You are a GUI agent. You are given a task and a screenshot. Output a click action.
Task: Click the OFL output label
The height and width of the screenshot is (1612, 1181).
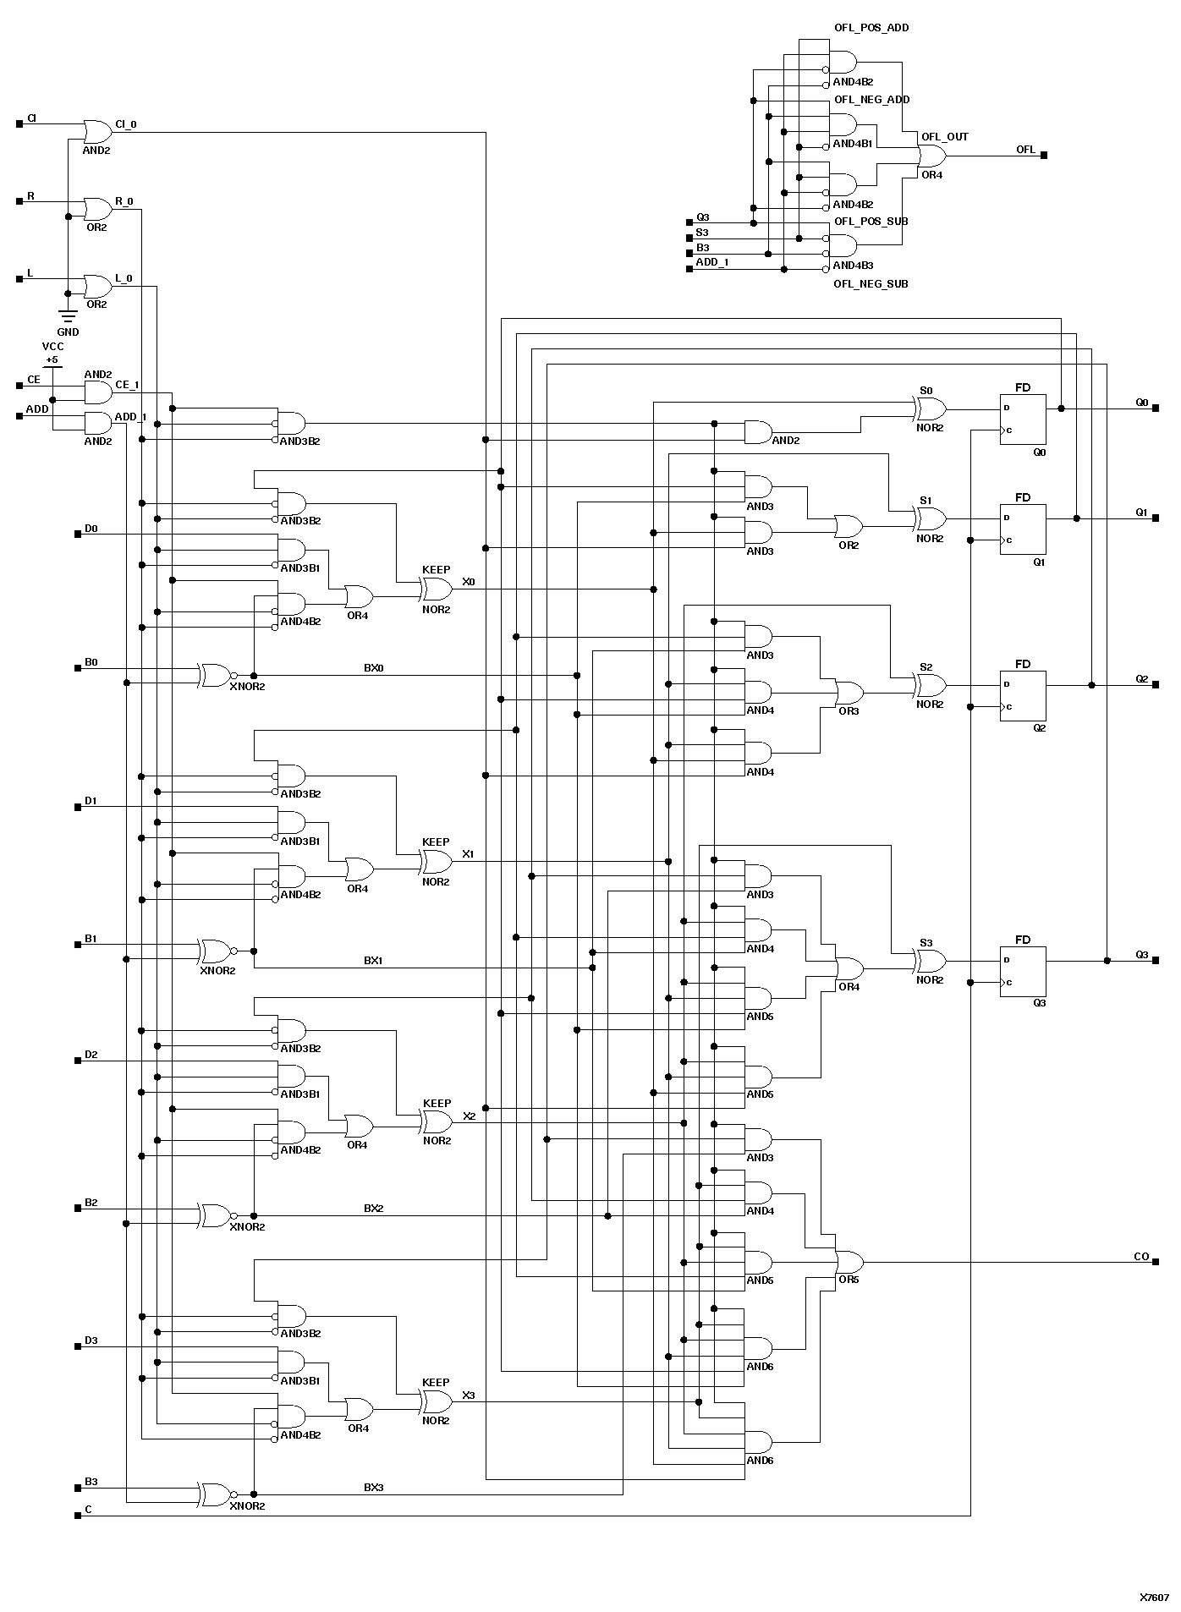pyautogui.click(x=1025, y=150)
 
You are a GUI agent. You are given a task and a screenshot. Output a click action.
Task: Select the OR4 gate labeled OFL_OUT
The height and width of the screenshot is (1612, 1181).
pyautogui.click(x=931, y=156)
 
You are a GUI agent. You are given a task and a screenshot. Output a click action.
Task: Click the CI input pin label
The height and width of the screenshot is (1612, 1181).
pyautogui.click(x=31, y=118)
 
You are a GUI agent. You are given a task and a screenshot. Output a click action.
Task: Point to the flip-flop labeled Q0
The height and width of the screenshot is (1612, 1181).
pyautogui.click(x=1022, y=419)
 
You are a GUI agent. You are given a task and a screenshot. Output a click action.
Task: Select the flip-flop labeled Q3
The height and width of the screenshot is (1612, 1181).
pyautogui.click(x=1022, y=971)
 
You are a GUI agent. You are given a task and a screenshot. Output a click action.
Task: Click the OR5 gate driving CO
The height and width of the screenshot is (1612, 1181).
pyautogui.click(x=849, y=1263)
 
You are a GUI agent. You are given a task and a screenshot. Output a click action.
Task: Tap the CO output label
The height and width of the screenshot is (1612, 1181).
pyautogui.click(x=1141, y=1257)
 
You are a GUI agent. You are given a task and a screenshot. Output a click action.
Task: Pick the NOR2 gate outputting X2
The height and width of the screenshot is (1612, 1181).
pyautogui.click(x=437, y=1122)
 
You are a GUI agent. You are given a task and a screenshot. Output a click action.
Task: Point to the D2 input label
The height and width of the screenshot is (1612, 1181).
pyautogui.click(x=91, y=1055)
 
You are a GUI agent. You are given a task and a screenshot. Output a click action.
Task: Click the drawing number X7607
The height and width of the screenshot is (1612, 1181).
pyautogui.click(x=1154, y=1598)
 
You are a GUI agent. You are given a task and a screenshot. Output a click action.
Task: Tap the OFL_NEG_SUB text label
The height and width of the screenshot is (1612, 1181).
pyautogui.click(x=871, y=284)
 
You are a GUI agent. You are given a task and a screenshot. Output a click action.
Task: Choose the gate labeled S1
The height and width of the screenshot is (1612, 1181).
pyautogui.click(x=931, y=518)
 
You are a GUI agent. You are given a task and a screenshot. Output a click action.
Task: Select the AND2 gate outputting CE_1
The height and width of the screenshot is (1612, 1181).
pyautogui.click(x=97, y=392)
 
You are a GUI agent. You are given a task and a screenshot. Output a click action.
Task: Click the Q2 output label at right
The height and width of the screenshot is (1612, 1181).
pyautogui.click(x=1141, y=679)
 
